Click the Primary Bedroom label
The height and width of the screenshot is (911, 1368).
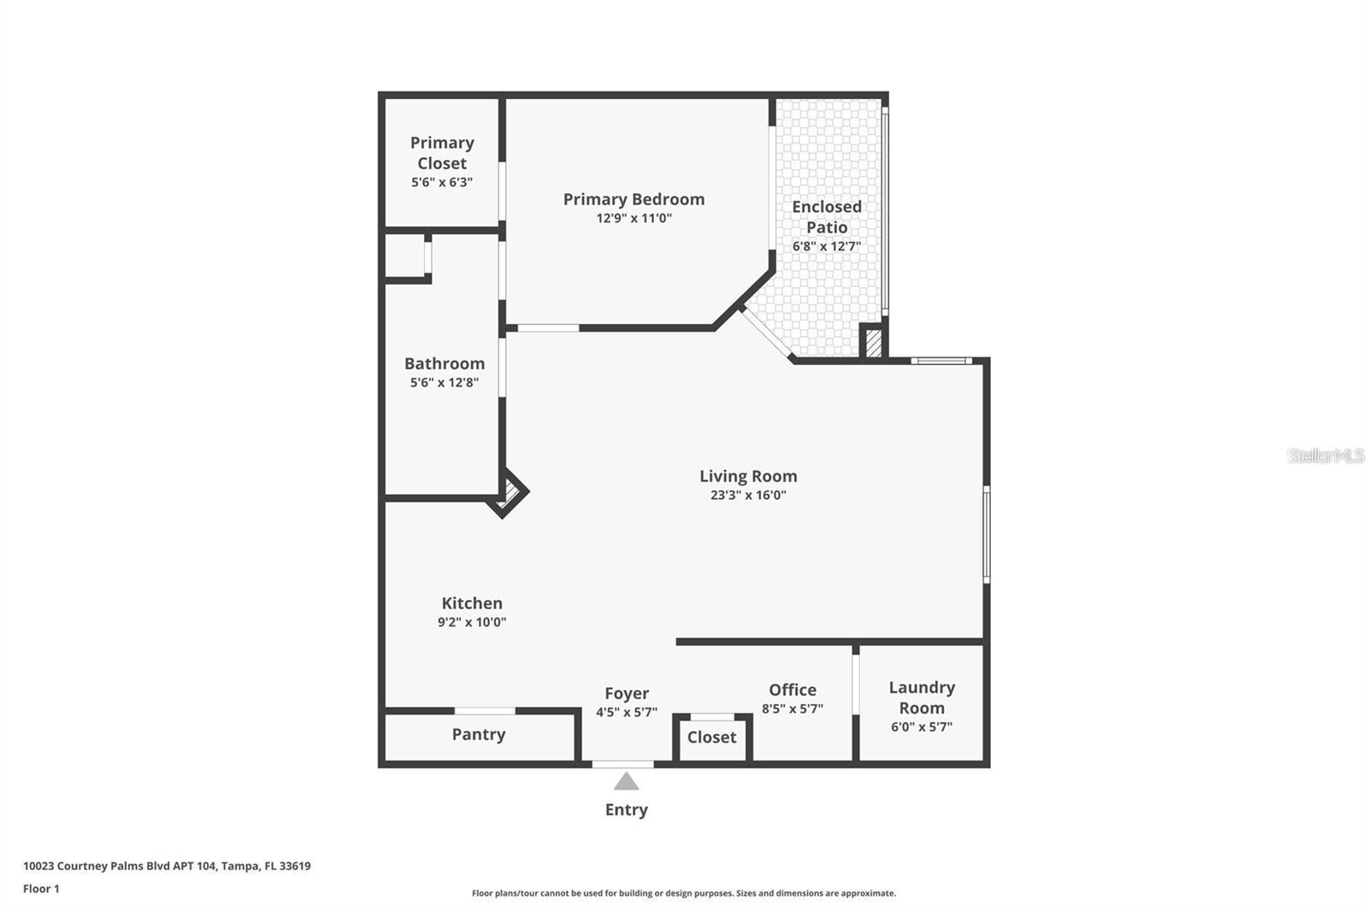tap(634, 199)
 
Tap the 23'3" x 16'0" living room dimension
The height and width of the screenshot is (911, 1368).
tap(748, 495)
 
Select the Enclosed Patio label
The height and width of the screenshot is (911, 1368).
tap(826, 216)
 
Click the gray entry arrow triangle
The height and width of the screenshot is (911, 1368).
tap(627, 781)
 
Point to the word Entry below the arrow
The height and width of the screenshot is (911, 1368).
tap(627, 809)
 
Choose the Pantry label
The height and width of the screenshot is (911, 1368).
tap(479, 734)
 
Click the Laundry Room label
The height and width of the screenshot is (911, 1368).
tap(922, 697)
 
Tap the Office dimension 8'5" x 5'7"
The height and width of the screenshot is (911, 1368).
tap(792, 708)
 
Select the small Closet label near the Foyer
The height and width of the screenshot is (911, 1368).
tap(711, 737)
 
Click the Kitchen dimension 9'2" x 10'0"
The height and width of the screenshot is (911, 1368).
tap(472, 622)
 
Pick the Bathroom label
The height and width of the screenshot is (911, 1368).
tap(445, 363)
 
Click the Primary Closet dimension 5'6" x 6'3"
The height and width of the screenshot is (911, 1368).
tap(442, 182)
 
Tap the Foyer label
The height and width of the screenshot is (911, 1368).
tap(627, 693)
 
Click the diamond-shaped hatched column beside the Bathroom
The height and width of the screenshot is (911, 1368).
tap(510, 491)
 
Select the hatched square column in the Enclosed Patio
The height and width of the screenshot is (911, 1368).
tap(873, 343)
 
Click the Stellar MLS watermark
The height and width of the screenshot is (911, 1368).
tap(1325, 455)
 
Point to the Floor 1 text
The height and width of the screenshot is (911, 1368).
tap(41, 889)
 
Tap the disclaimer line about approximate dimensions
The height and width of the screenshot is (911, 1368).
tap(684, 893)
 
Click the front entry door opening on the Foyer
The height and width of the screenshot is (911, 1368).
tap(623, 764)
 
